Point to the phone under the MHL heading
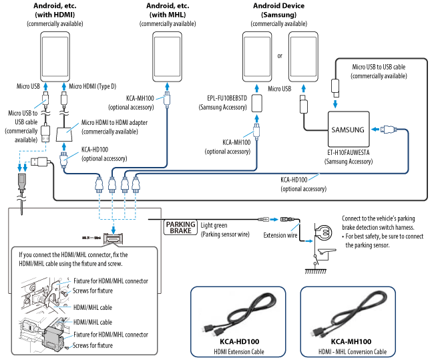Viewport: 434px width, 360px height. coord(168,57)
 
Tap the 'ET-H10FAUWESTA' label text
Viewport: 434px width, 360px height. coord(348,153)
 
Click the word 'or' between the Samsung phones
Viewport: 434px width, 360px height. coord(280,55)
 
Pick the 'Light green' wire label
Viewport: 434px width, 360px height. coord(214,225)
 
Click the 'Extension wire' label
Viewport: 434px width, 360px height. coord(280,235)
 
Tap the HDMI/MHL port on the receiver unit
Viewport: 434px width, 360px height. coord(112,239)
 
